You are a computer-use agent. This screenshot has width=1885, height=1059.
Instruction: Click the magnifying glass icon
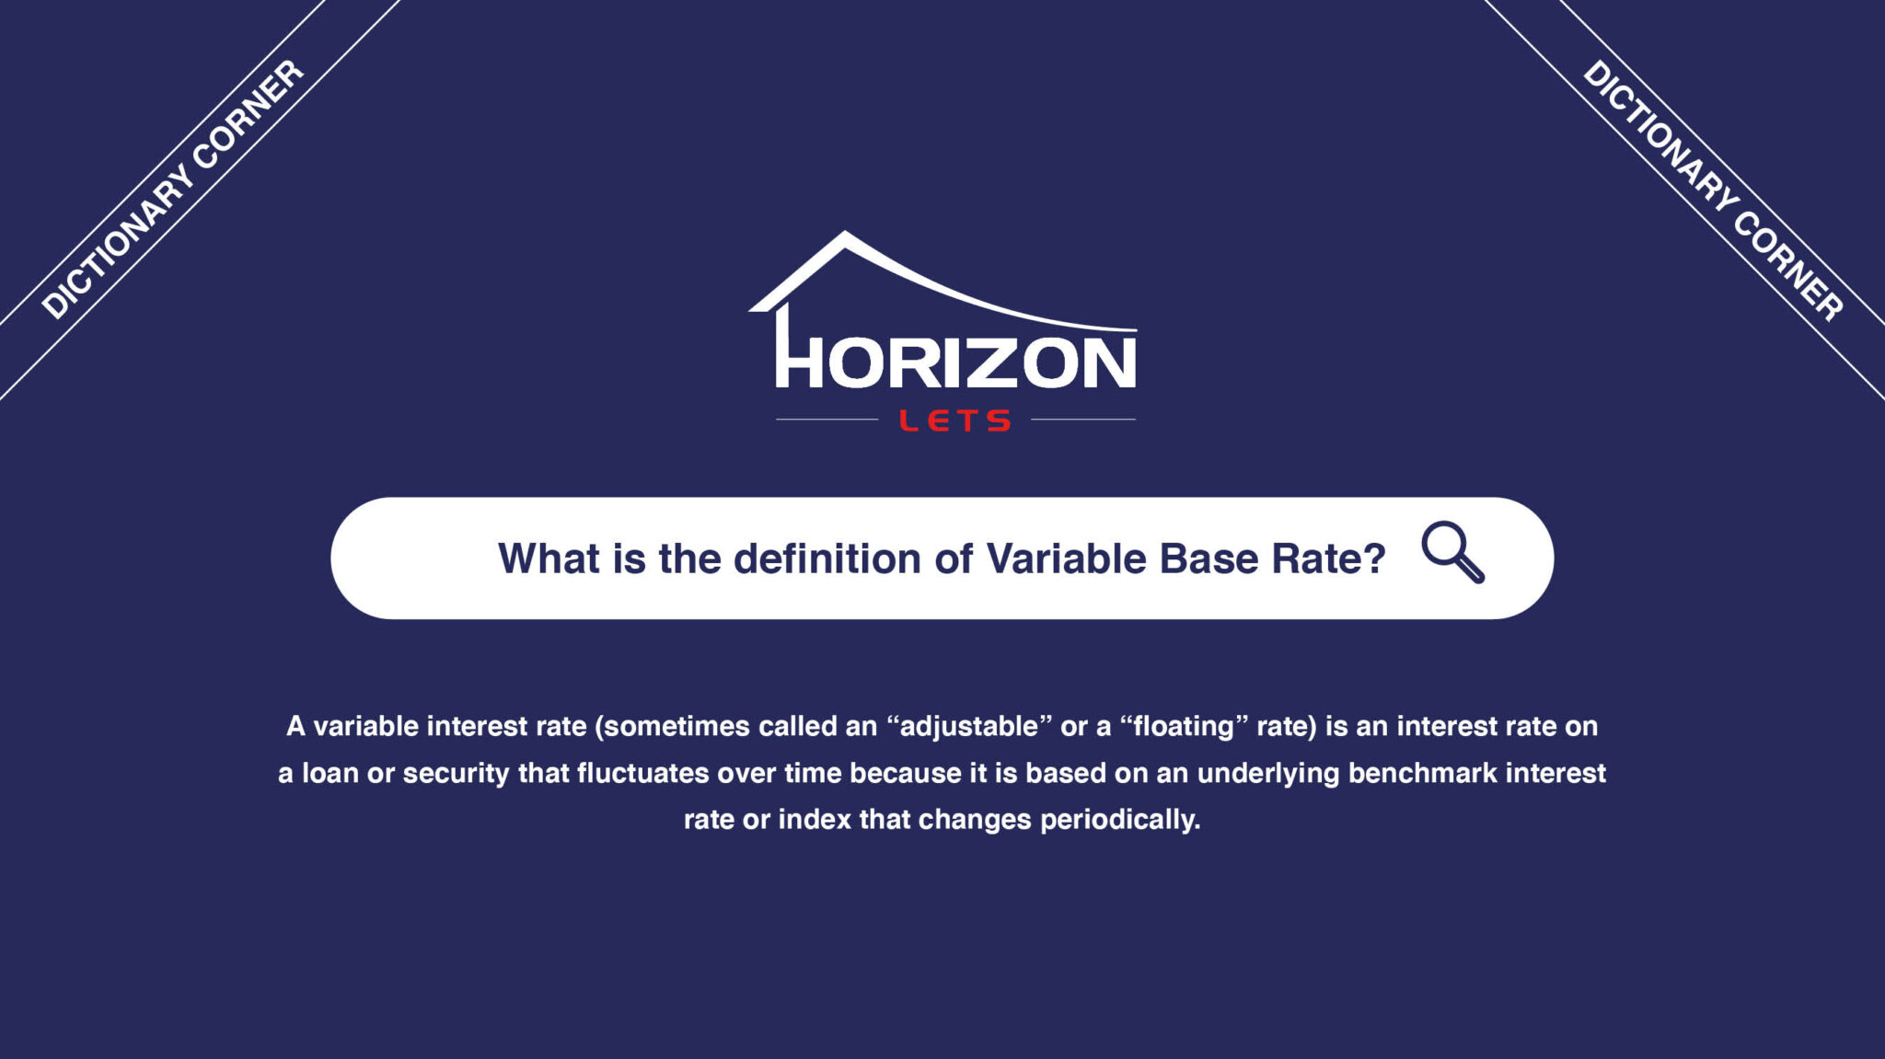[x=1452, y=552]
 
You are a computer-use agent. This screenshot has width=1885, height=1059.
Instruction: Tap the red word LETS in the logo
[x=955, y=421]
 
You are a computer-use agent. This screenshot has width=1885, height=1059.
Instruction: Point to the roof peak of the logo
[x=845, y=233]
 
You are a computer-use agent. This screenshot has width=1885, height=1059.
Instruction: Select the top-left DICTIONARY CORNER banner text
[x=173, y=190]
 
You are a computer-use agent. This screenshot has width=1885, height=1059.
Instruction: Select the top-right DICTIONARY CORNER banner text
[x=1713, y=190]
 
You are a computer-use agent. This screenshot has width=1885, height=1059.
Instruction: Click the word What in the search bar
[x=549, y=558]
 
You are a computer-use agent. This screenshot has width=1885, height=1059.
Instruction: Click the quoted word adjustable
[x=969, y=726]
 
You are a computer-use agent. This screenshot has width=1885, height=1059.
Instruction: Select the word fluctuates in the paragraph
[x=642, y=773]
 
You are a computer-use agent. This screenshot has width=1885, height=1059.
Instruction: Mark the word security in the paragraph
[x=456, y=774]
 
